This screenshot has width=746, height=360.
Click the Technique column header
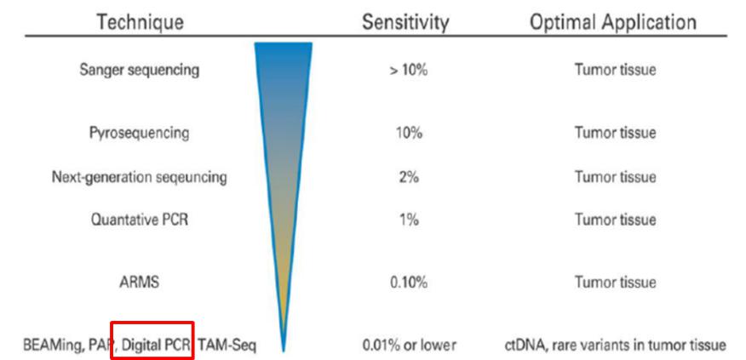[x=140, y=21]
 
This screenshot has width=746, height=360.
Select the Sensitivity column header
[x=405, y=21]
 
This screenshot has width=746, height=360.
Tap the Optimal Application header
[x=613, y=21]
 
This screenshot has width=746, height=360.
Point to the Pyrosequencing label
[x=140, y=134]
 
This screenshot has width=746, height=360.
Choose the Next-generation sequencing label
[x=140, y=177]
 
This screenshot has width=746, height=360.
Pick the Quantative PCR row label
[x=140, y=219]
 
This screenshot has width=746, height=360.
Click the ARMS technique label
[x=141, y=283]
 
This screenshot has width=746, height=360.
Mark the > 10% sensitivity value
[x=406, y=70]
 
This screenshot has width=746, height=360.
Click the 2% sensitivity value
[x=406, y=177]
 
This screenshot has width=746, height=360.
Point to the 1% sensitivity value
[x=406, y=219]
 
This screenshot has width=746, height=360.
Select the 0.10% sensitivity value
[x=406, y=283]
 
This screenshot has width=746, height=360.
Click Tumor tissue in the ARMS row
[x=615, y=283]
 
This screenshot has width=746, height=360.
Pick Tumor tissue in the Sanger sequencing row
[x=615, y=70]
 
